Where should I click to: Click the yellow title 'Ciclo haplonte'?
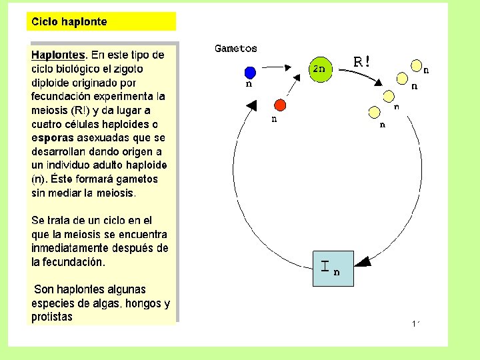67,22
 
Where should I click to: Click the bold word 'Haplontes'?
59,55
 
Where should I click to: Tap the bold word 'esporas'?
52,138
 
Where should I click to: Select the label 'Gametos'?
235,49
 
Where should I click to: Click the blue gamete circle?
249,72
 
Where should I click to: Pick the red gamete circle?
280,105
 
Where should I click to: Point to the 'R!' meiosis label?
362,62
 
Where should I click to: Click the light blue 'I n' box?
333,269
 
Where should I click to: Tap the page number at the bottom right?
415,324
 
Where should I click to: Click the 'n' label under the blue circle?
249,85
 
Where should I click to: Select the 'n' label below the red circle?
273,119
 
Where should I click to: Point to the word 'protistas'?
52,317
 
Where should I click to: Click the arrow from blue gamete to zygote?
275,67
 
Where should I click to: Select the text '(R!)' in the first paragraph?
82,110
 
